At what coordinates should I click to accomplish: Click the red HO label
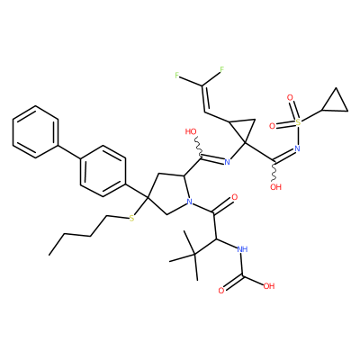191,131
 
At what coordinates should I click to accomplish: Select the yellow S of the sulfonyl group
298,122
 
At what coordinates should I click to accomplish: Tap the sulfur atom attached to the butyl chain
131,219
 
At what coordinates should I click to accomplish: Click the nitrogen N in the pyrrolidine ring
189,202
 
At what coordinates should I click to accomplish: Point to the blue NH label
242,249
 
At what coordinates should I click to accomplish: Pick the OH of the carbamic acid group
269,286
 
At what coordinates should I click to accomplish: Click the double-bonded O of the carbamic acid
221,291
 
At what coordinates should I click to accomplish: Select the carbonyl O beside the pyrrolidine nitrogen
234,197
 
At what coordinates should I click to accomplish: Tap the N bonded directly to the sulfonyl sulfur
297,148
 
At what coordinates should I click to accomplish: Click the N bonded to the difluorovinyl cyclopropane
227,162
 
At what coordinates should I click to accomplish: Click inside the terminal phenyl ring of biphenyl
35,131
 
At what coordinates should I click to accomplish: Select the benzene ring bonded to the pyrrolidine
103,171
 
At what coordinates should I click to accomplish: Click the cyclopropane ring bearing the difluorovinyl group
243,128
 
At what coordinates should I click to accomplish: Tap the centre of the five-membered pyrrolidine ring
168,193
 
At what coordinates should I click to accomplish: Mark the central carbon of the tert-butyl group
195,255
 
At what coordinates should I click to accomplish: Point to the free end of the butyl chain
49,256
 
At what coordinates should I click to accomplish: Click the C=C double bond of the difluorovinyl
204,99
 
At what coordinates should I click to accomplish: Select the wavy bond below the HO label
199,147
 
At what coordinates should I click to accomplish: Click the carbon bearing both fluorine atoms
202,85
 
